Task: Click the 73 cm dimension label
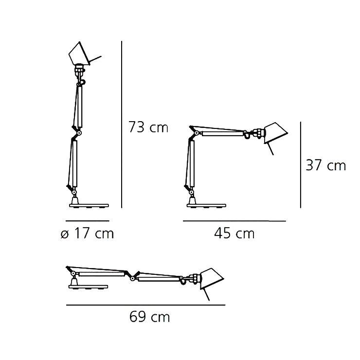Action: [148, 127]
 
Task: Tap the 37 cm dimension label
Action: [325, 165]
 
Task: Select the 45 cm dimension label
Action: [234, 234]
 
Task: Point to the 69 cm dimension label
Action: [150, 318]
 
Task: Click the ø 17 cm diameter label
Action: [87, 234]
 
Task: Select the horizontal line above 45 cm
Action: [234, 221]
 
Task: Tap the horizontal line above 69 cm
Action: [145, 305]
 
